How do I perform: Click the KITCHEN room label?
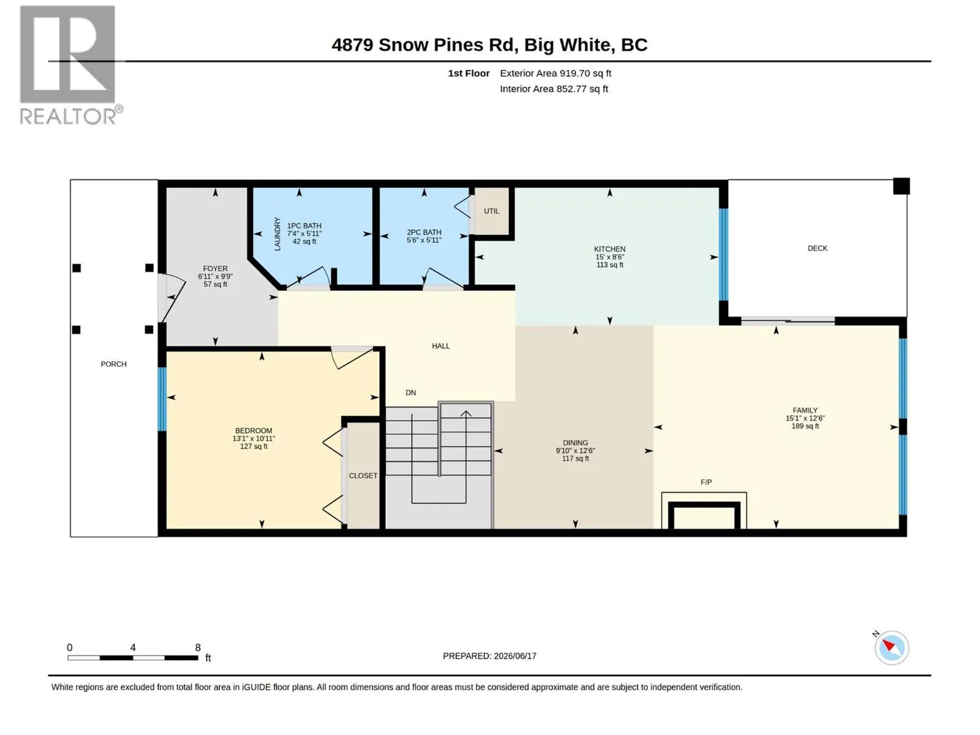click(609, 249)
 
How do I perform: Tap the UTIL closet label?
click(492, 211)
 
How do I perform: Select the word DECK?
click(818, 248)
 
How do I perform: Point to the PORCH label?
click(113, 364)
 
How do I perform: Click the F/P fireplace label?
click(706, 482)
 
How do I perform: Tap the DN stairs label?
click(411, 393)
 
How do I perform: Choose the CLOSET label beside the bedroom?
click(363, 476)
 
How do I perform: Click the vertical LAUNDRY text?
click(277, 234)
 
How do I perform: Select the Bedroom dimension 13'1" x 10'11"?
click(254, 438)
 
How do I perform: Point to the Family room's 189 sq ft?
click(805, 426)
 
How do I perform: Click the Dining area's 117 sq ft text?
click(576, 458)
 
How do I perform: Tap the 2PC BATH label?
click(424, 232)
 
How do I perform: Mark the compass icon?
click(891, 647)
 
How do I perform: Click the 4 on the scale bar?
click(132, 647)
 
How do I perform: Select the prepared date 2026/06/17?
click(514, 656)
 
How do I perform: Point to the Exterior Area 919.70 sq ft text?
click(556, 73)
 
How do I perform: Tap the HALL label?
click(440, 346)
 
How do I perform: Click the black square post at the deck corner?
click(901, 186)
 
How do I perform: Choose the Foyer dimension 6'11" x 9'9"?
click(215, 276)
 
